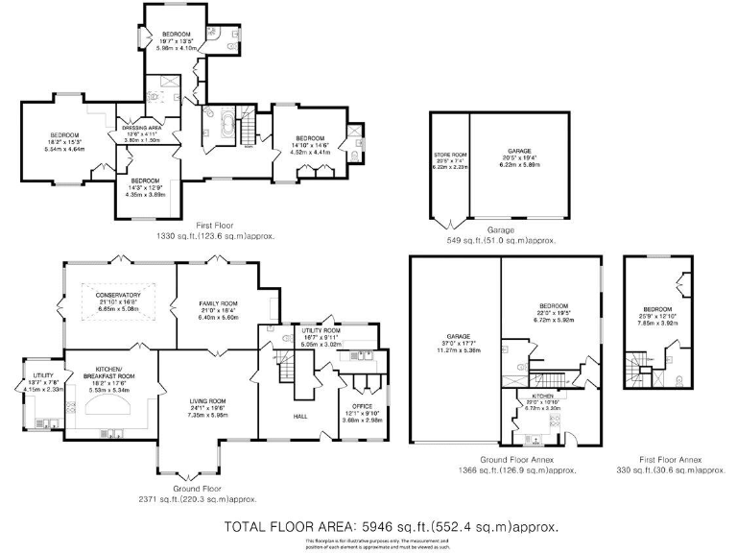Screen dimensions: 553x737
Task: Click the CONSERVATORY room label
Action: point(120,295)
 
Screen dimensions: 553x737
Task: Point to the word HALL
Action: point(298,417)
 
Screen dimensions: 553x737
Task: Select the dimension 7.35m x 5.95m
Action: point(207,416)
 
